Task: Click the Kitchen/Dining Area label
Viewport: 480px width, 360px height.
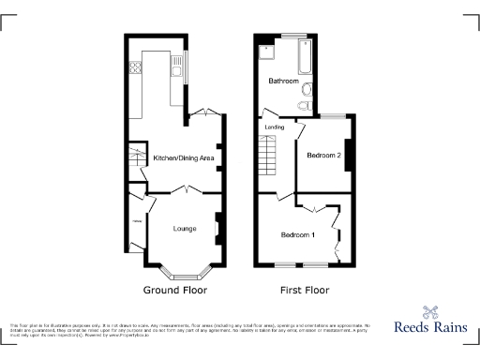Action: pyautogui.click(x=184, y=158)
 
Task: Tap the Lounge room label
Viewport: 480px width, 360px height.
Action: pyautogui.click(x=184, y=228)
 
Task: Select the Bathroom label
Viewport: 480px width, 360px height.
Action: pyautogui.click(x=283, y=82)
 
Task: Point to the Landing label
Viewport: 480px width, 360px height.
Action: pyautogui.click(x=274, y=127)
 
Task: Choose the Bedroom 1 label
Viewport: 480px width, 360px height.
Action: pyautogui.click(x=297, y=234)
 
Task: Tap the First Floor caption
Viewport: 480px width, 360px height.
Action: pyautogui.click(x=304, y=291)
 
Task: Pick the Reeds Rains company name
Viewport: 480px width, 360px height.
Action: pyautogui.click(x=430, y=330)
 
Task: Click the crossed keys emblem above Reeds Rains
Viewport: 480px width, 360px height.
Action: pyautogui.click(x=431, y=312)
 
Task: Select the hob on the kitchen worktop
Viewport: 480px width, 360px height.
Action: pyautogui.click(x=137, y=67)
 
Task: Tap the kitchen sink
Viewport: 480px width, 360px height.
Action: pyautogui.click(x=175, y=67)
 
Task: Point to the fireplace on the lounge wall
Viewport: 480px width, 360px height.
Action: pyautogui.click(x=217, y=227)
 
